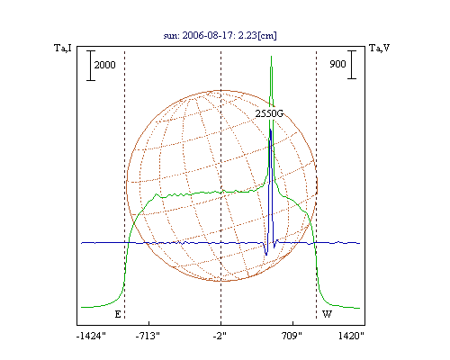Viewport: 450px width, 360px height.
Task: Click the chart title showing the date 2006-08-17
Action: [x=220, y=35]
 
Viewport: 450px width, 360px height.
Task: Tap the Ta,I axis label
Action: [x=63, y=48]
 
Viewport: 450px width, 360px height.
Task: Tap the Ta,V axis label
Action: [x=379, y=48]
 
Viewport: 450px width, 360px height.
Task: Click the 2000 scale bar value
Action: [x=104, y=65]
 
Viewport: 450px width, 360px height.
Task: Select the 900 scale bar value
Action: [x=337, y=64]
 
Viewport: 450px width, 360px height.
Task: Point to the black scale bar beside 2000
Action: [x=91, y=66]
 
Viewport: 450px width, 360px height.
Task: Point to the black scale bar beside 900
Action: [x=352, y=65]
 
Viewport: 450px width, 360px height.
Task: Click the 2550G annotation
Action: [x=269, y=113]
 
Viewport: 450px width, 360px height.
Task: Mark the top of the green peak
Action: [x=272, y=56]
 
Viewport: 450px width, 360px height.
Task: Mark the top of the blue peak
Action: [x=271, y=130]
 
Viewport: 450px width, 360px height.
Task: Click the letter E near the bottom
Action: [x=118, y=314]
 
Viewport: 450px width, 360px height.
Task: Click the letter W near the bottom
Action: [x=327, y=314]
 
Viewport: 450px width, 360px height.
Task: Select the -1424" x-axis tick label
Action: [x=91, y=336]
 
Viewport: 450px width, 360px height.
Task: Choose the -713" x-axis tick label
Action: [x=148, y=336]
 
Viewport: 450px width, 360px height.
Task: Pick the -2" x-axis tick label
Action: [x=220, y=336]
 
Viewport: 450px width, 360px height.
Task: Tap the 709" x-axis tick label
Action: [x=292, y=336]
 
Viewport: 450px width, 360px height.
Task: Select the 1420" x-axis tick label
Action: [x=351, y=336]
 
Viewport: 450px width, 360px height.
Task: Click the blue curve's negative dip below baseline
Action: [x=266, y=255]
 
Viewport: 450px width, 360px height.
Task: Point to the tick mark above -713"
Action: [x=149, y=323]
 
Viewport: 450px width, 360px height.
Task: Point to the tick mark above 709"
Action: [x=292, y=323]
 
